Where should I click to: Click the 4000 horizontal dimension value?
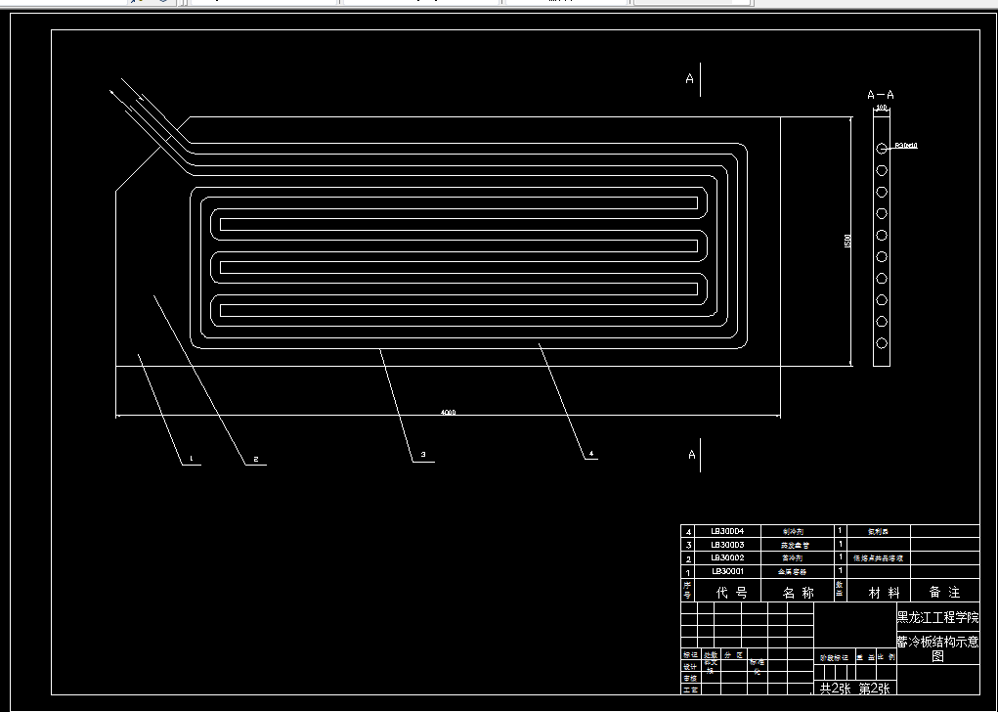pos(448,413)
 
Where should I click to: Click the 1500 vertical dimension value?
pos(847,240)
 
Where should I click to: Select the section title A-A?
pos(881,95)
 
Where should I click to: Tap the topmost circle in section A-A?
pos(882,149)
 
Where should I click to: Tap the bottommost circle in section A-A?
pos(882,343)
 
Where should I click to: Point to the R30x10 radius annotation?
pos(905,146)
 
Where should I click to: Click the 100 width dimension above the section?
pos(881,108)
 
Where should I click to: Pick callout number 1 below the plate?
pos(191,459)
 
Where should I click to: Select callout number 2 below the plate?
pos(255,459)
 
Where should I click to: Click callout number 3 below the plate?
pos(423,455)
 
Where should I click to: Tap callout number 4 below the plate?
pos(591,454)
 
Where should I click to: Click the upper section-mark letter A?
pos(689,79)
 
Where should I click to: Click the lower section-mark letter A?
pos(692,455)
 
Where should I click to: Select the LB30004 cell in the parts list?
pos(727,531)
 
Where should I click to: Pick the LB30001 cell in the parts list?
pos(727,571)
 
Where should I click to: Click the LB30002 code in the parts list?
pos(727,557)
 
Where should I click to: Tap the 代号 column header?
pos(732,592)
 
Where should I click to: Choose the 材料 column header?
pos(873,592)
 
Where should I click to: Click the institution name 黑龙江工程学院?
pos(937,618)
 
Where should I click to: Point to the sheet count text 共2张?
pos(837,689)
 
